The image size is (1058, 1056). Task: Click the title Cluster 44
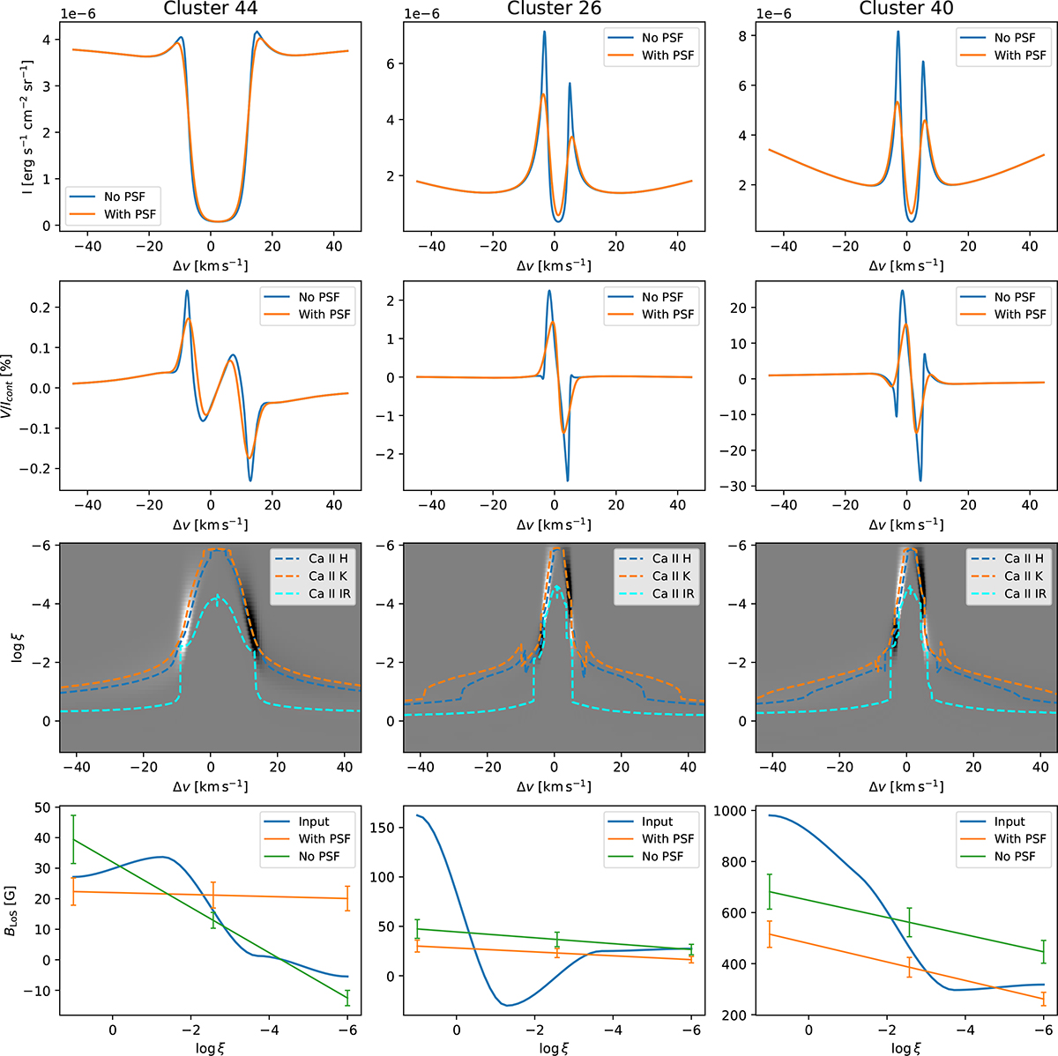point(210,9)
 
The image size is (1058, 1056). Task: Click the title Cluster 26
point(554,9)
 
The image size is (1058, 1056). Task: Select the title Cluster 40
point(905,9)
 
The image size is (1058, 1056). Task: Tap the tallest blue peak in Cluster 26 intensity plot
point(544,33)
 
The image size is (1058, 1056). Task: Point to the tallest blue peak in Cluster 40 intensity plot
point(898,33)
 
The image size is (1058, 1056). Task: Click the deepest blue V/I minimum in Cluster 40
point(920,480)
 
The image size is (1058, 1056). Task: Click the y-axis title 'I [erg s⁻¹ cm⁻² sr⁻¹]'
point(27,127)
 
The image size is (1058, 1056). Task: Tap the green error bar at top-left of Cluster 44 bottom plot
point(73,839)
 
